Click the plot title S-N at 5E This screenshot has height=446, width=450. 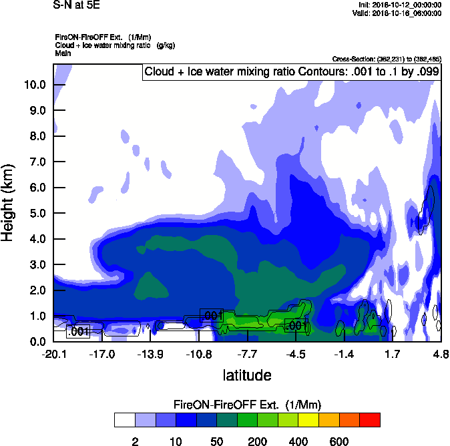pyautogui.click(x=76, y=5)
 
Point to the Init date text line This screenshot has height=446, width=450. pyautogui.click(x=397, y=5)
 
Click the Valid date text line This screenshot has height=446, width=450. pyautogui.click(x=397, y=13)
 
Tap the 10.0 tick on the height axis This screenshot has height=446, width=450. pyautogui.click(x=35, y=85)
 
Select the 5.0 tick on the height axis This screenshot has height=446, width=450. pyautogui.click(x=37, y=214)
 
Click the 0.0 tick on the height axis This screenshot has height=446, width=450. pyautogui.click(x=37, y=342)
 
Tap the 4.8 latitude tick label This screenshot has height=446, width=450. pyautogui.click(x=441, y=353)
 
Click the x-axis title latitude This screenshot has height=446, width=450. pyautogui.click(x=247, y=375)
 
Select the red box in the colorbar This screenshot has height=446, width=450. pyautogui.click(x=370, y=419)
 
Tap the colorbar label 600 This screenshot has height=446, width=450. pyautogui.click(x=339, y=441)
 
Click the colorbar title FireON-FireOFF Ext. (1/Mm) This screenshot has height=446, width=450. pyautogui.click(x=247, y=405)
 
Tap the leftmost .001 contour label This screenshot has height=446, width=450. pyautogui.click(x=79, y=331)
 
